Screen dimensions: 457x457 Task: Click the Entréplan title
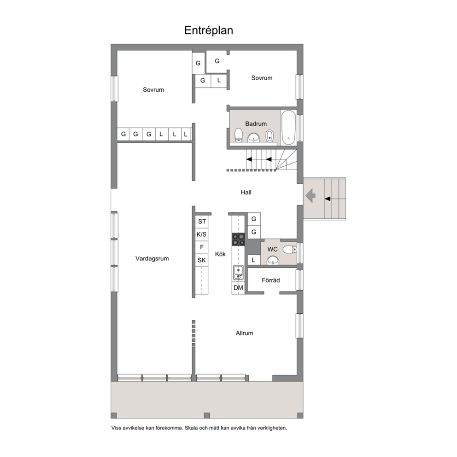(208, 30)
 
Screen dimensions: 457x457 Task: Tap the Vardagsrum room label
(152, 258)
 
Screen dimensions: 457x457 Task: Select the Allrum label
(244, 333)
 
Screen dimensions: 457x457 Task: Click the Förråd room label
(271, 280)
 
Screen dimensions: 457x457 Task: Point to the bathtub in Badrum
(288, 127)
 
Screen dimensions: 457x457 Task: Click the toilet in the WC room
(290, 250)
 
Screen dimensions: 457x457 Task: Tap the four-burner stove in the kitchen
(239, 239)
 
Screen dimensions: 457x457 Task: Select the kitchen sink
(238, 273)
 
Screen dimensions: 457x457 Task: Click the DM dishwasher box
(239, 287)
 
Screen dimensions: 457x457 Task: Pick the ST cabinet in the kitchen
(202, 222)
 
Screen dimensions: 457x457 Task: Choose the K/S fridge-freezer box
(202, 234)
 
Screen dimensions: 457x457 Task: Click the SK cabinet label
(202, 260)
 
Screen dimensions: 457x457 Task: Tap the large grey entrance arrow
(311, 196)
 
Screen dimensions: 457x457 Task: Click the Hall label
(246, 193)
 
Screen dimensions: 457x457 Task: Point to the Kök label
(220, 254)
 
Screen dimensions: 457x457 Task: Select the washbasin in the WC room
(273, 260)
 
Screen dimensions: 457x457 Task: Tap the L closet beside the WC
(253, 260)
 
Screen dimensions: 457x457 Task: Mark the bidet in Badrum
(270, 136)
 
